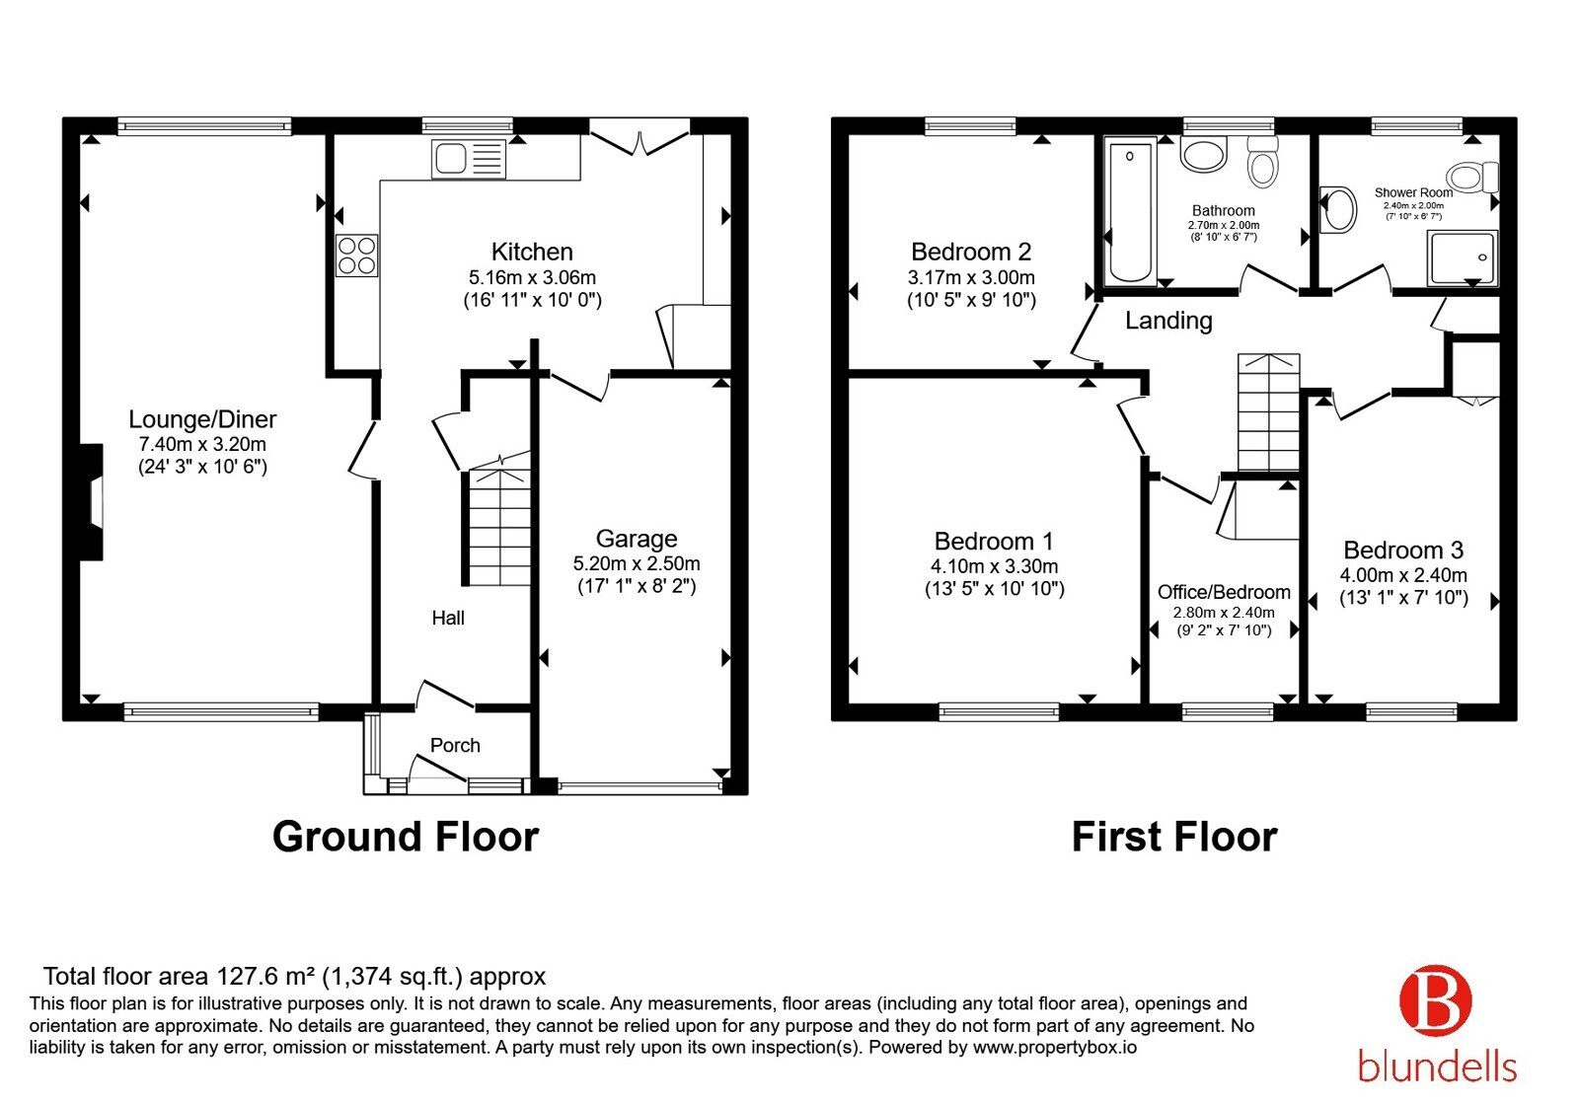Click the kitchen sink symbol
[469, 158]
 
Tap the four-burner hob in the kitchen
[356, 256]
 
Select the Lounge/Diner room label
[202, 419]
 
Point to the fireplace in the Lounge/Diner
[92, 502]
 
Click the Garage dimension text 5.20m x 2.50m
[637, 563]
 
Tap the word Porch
[455, 745]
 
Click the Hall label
[448, 618]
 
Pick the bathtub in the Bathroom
[1130, 212]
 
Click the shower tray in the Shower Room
[1463, 258]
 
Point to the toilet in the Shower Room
[1471, 177]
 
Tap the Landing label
[1168, 321]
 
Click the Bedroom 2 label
[971, 252]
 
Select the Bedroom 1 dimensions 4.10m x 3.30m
[994, 566]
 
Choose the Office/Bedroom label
[1224, 592]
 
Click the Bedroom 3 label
[1402, 550]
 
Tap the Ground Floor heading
[406, 837]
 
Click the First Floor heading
[1174, 837]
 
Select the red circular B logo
[1435, 1000]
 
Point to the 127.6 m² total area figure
[265, 976]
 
